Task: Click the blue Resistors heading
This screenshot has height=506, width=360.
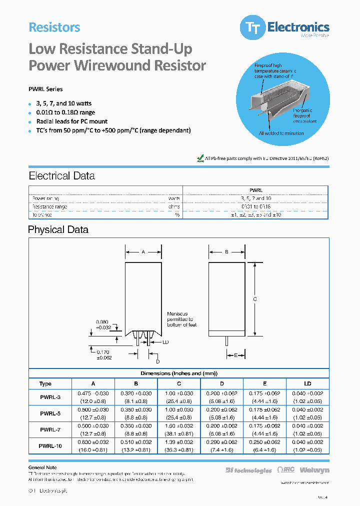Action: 54,27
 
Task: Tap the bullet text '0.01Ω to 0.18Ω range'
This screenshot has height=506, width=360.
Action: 65,112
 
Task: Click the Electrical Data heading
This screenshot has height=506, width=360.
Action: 61,176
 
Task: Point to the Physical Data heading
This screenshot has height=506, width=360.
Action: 58,230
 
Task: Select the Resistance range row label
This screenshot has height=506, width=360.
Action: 50,206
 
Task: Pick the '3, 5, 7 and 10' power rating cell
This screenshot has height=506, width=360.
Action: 255,198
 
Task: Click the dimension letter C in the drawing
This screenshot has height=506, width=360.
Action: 255,299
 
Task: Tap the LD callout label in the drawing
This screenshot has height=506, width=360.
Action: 166,342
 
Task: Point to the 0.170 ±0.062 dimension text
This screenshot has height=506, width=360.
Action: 103,355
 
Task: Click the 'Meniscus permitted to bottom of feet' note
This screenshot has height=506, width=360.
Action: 181,319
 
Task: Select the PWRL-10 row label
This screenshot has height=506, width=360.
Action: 50,445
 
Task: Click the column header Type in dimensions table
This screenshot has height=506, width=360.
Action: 45,384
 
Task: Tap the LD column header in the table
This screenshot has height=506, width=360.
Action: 307,384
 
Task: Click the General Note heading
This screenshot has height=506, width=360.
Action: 42,467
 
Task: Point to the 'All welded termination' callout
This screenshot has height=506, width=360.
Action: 281,133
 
